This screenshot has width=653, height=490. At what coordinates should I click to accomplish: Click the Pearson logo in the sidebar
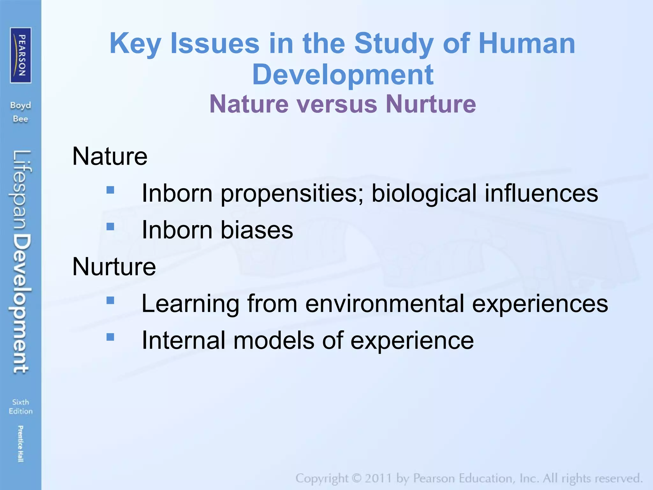click(21, 55)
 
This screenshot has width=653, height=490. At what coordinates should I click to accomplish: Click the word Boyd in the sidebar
click(20, 105)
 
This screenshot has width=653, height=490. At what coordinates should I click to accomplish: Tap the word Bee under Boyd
click(20, 119)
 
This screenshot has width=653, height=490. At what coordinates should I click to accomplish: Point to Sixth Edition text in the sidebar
click(20, 406)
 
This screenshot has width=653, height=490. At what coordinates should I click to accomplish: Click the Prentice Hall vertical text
click(20, 444)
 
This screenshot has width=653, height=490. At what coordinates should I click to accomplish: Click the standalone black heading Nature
click(110, 156)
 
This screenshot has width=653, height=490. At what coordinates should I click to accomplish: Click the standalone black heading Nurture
click(114, 267)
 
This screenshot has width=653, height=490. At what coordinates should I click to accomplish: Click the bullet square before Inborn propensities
click(110, 190)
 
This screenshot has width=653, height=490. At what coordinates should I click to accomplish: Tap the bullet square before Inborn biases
click(110, 226)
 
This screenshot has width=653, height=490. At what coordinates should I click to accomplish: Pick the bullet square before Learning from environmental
click(110, 301)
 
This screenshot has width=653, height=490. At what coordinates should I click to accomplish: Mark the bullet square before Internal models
click(110, 337)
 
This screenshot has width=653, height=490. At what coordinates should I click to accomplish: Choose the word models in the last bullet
click(274, 340)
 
